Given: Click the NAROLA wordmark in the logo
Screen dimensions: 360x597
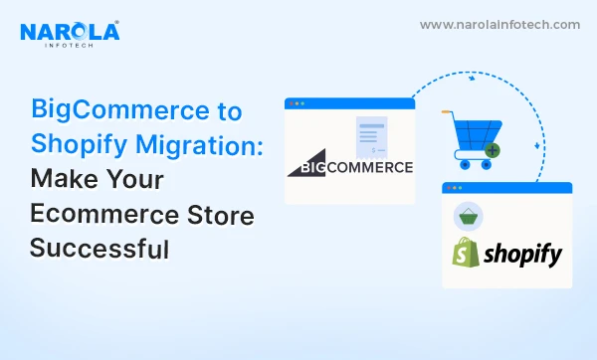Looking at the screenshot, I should click(x=69, y=32).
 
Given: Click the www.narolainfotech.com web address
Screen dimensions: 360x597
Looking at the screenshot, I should click(x=500, y=24).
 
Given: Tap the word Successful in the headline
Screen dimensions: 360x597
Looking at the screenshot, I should click(x=99, y=249).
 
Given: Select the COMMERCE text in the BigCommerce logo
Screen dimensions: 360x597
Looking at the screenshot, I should click(x=368, y=166).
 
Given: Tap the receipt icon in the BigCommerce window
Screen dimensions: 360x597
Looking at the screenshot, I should click(x=372, y=138).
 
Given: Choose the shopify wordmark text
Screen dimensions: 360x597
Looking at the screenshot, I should click(x=523, y=256).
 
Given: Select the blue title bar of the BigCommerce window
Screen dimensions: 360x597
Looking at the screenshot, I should click(x=349, y=102).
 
